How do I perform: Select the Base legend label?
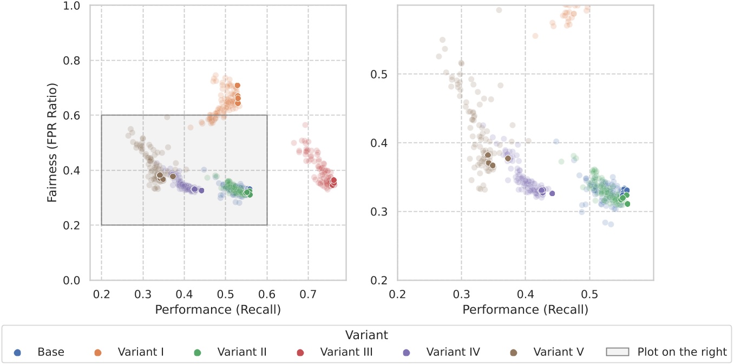point(51,352)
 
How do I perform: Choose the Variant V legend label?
point(559,352)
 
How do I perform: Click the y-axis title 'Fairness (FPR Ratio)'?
point(52,143)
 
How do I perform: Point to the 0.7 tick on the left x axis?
point(308,294)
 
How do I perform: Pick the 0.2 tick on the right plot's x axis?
point(398,294)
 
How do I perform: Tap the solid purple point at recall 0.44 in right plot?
point(552,193)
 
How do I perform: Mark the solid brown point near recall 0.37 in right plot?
point(508,158)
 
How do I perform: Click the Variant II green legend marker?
point(198,352)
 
